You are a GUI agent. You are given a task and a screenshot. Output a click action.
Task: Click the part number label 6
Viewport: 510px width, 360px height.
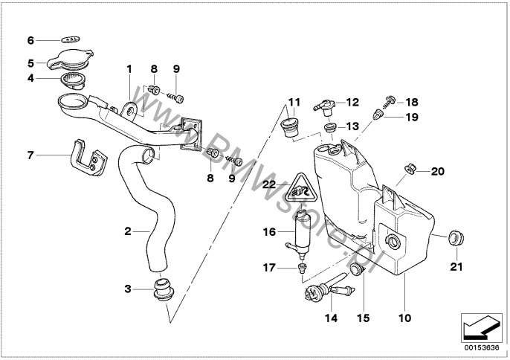(31, 39)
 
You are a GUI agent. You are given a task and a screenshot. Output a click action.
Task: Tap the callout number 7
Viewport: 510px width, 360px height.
(31, 155)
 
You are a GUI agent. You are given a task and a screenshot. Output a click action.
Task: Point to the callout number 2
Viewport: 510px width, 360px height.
(128, 231)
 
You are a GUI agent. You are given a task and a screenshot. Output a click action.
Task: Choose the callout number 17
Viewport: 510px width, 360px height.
(269, 266)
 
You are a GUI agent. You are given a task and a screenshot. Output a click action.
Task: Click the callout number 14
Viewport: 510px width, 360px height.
(331, 318)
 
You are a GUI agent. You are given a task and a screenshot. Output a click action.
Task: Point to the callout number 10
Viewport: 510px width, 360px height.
(404, 318)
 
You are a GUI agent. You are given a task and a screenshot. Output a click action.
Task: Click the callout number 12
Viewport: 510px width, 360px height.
(352, 102)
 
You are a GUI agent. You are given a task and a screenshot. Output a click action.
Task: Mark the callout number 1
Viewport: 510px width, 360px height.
(129, 70)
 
